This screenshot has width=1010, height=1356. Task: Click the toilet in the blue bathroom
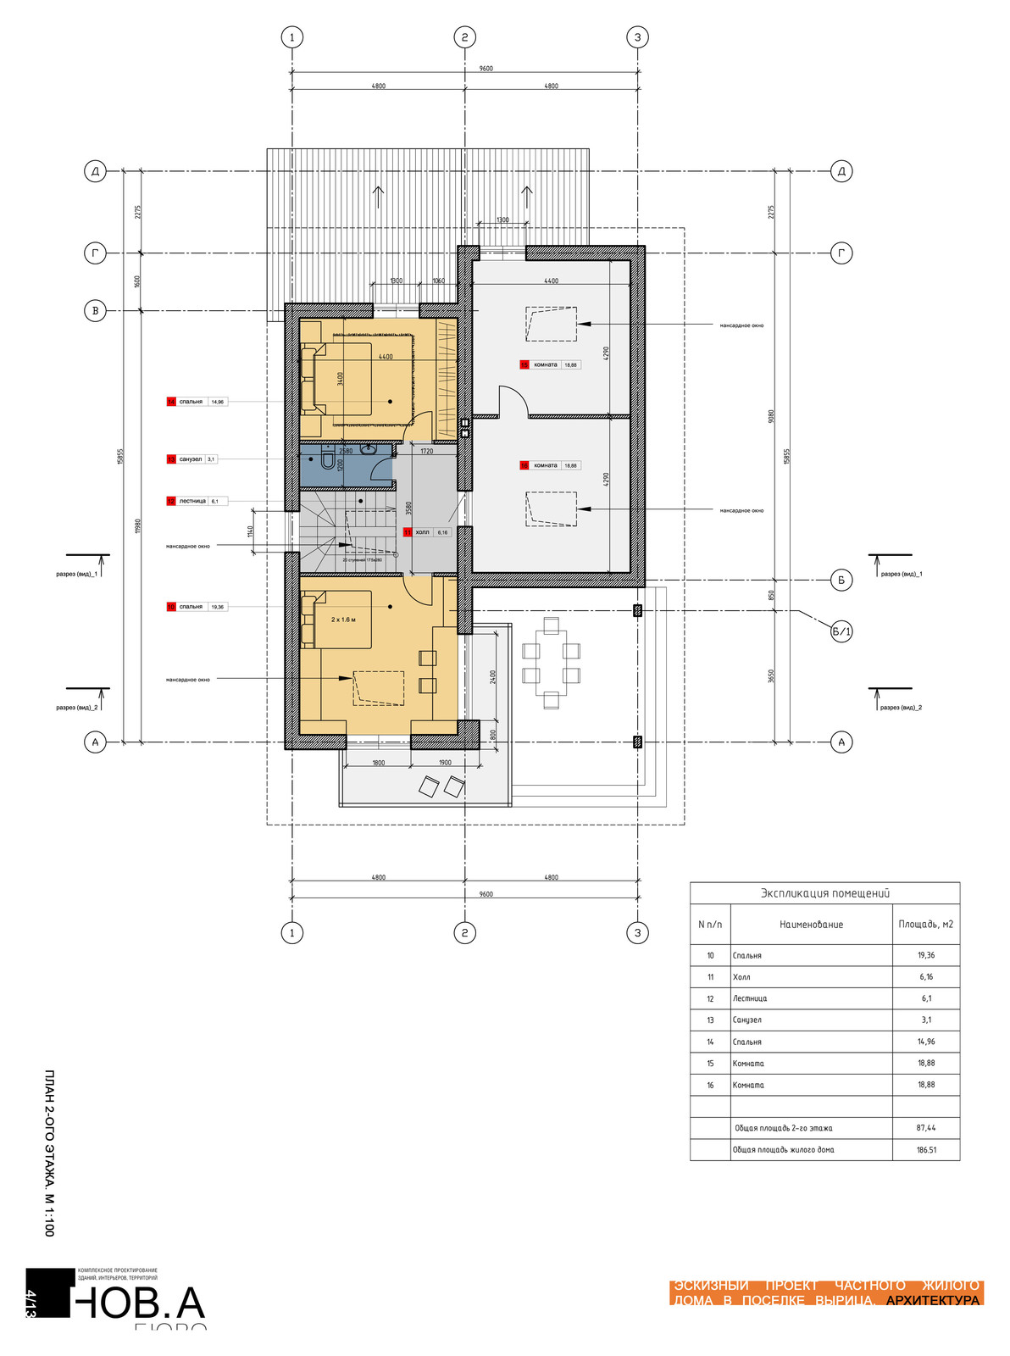click(328, 462)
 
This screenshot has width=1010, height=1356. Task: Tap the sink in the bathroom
click(369, 449)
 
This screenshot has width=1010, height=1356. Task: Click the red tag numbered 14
click(171, 402)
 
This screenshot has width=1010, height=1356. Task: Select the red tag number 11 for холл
click(408, 532)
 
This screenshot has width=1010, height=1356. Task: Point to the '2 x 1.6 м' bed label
click(343, 620)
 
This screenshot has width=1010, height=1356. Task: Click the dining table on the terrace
click(551, 663)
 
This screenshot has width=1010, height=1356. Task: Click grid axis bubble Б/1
click(841, 631)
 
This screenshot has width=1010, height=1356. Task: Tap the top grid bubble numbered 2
click(464, 37)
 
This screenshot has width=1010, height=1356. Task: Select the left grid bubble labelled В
click(95, 311)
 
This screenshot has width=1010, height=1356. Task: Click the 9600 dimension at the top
click(486, 69)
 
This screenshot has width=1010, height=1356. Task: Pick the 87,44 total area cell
click(925, 1128)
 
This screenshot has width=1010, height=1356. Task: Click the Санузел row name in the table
click(747, 1020)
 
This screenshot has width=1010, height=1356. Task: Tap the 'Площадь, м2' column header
click(925, 925)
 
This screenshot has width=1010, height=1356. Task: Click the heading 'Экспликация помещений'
click(824, 893)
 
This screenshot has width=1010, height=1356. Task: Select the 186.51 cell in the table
click(925, 1150)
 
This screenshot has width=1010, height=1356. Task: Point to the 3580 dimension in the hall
click(408, 508)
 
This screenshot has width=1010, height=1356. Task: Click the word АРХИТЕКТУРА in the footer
click(932, 1300)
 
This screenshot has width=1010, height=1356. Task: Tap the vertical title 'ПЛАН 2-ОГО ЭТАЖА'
click(49, 1153)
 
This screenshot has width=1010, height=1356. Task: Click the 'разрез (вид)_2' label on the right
click(901, 707)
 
